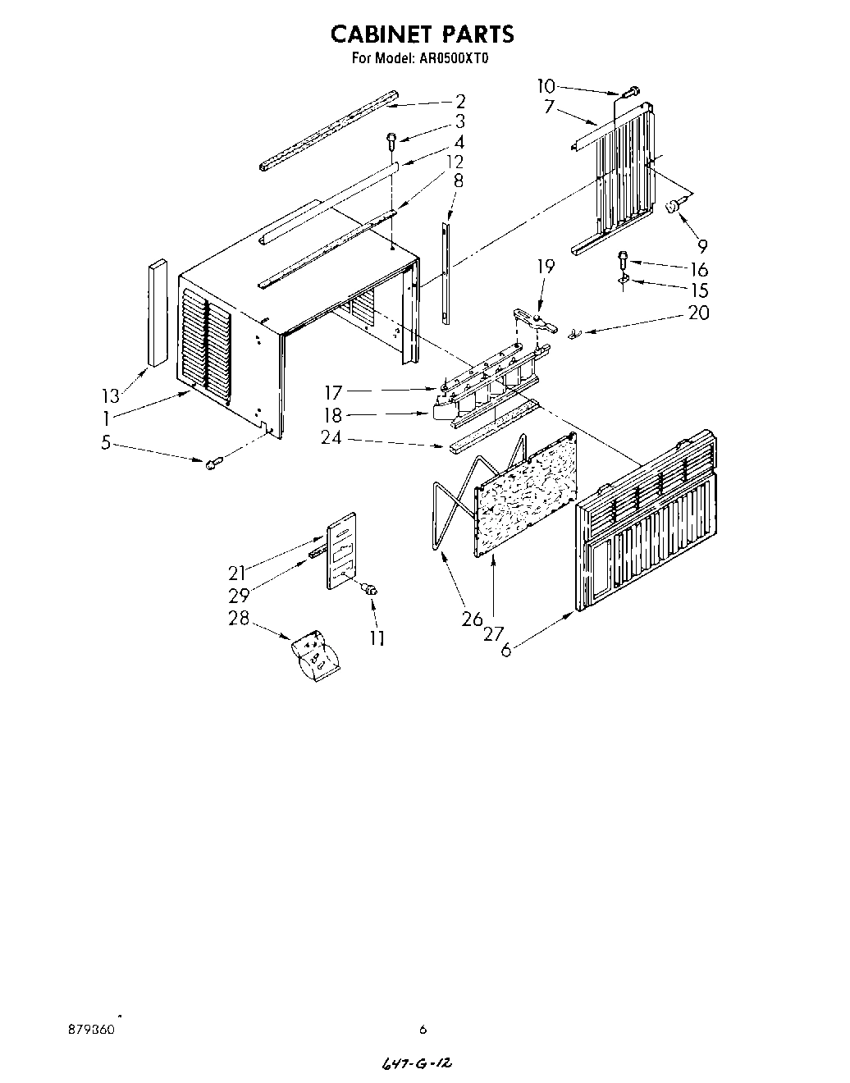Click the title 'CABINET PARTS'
[422, 34]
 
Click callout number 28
[239, 618]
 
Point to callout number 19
[546, 267]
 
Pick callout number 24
[331, 437]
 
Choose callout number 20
[699, 313]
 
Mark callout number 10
[546, 85]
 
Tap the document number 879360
[91, 1028]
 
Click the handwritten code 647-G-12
[418, 1062]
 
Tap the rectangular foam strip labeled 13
[157, 313]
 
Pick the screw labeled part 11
[369, 588]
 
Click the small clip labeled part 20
[574, 332]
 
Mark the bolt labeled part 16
[624, 258]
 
